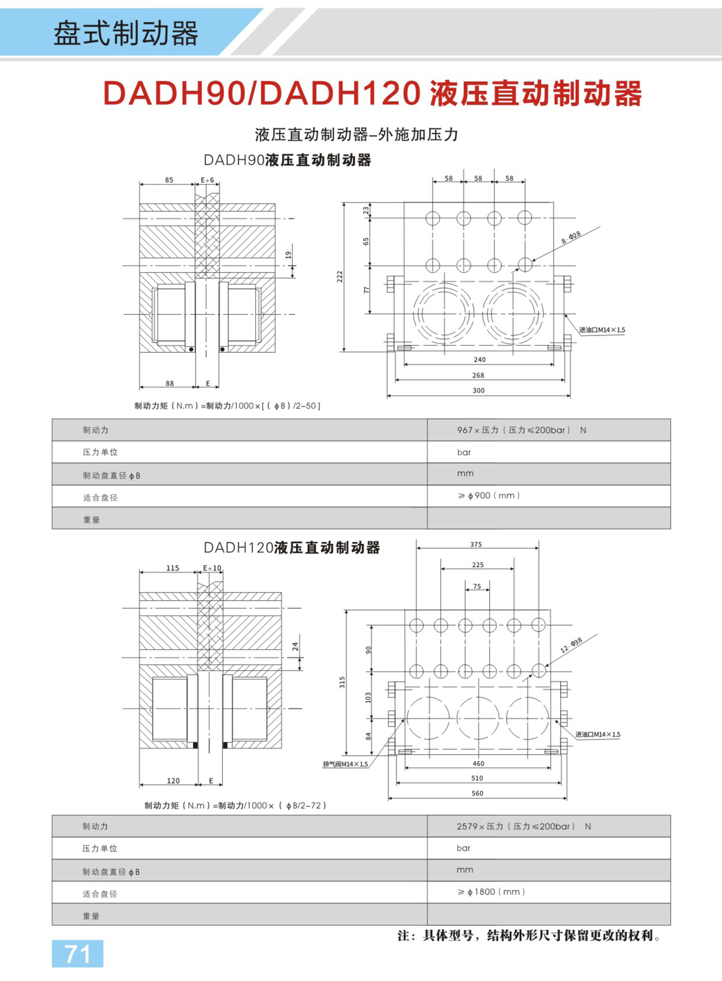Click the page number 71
[x=78, y=954]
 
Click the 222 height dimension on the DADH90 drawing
[x=340, y=276]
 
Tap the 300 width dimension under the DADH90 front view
[x=478, y=391]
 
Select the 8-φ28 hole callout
[x=571, y=237]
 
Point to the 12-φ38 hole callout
[x=571, y=645]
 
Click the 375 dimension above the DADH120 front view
[x=476, y=544]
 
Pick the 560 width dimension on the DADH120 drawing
[x=477, y=794]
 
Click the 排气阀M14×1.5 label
[x=345, y=764]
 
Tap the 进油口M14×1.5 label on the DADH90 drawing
[x=602, y=330]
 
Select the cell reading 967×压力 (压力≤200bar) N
[x=521, y=430]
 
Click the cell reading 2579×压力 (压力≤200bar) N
[x=523, y=826]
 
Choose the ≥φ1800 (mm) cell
[x=491, y=892]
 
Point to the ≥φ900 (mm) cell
[x=489, y=496]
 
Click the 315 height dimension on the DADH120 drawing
[x=342, y=682]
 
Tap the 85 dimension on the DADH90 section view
[x=169, y=180]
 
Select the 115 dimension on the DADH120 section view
[x=173, y=568]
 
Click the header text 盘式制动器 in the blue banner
[x=126, y=33]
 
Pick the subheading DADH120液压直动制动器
[x=292, y=547]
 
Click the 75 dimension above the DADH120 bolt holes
[x=477, y=587]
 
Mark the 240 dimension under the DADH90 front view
[x=480, y=360]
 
